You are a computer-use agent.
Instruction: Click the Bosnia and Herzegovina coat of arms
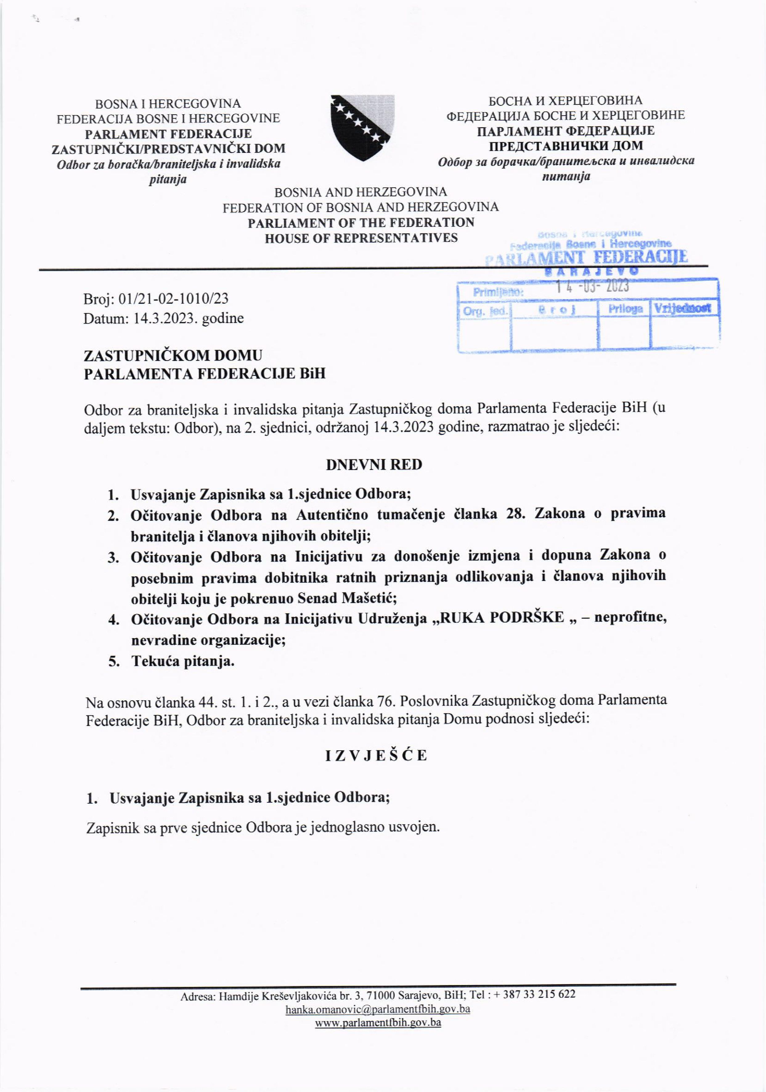pos(363,127)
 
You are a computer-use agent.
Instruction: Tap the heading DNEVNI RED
pos(374,465)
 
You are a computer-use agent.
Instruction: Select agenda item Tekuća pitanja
pos(183,661)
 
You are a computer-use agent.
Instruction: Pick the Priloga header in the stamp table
pos(625,309)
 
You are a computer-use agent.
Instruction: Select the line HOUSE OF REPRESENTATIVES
pos(361,238)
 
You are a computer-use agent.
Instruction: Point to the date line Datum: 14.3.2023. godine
pos(164,318)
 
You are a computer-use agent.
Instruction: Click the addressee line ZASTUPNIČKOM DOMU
pos(173,355)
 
